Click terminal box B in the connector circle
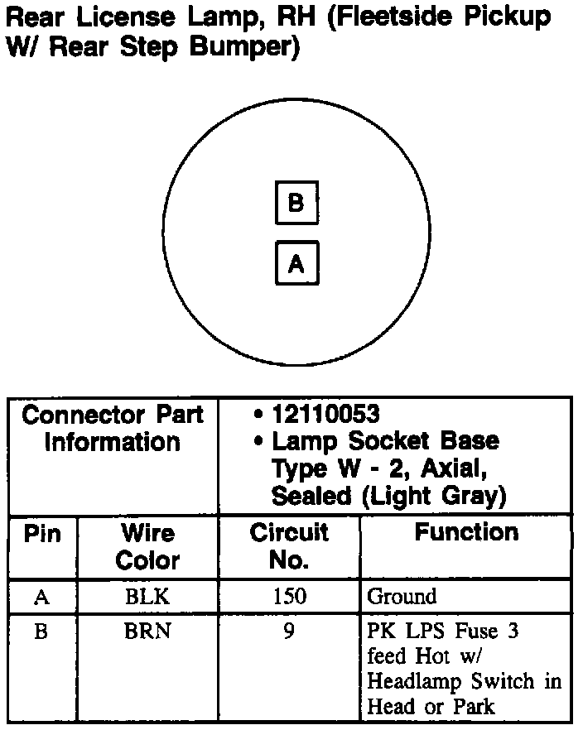pyautogui.click(x=296, y=203)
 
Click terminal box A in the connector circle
pyautogui.click(x=296, y=263)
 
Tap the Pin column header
pyautogui.click(x=42, y=534)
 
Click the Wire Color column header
pyautogui.click(x=147, y=546)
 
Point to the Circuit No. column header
pyautogui.click(x=289, y=546)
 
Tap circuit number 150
pyautogui.click(x=289, y=596)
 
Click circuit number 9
pyautogui.click(x=289, y=632)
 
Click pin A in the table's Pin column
pyautogui.click(x=41, y=596)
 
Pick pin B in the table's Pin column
pyautogui.click(x=41, y=632)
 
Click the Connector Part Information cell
pyautogui.click(x=112, y=428)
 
